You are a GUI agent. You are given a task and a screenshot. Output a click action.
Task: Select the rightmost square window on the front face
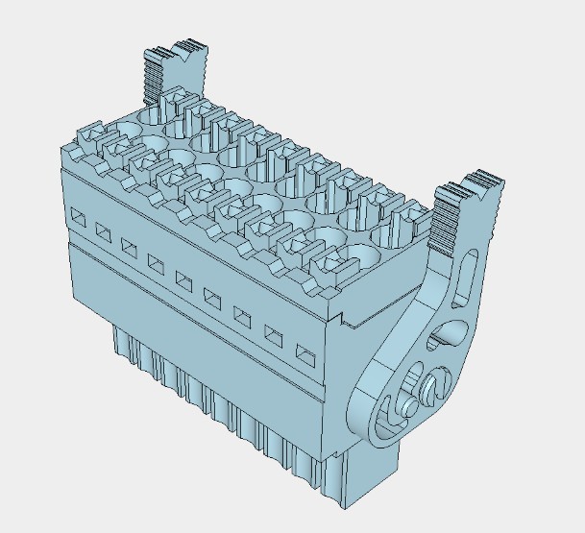(x=304, y=352)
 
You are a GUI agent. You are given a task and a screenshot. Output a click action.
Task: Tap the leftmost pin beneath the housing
(x=121, y=342)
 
